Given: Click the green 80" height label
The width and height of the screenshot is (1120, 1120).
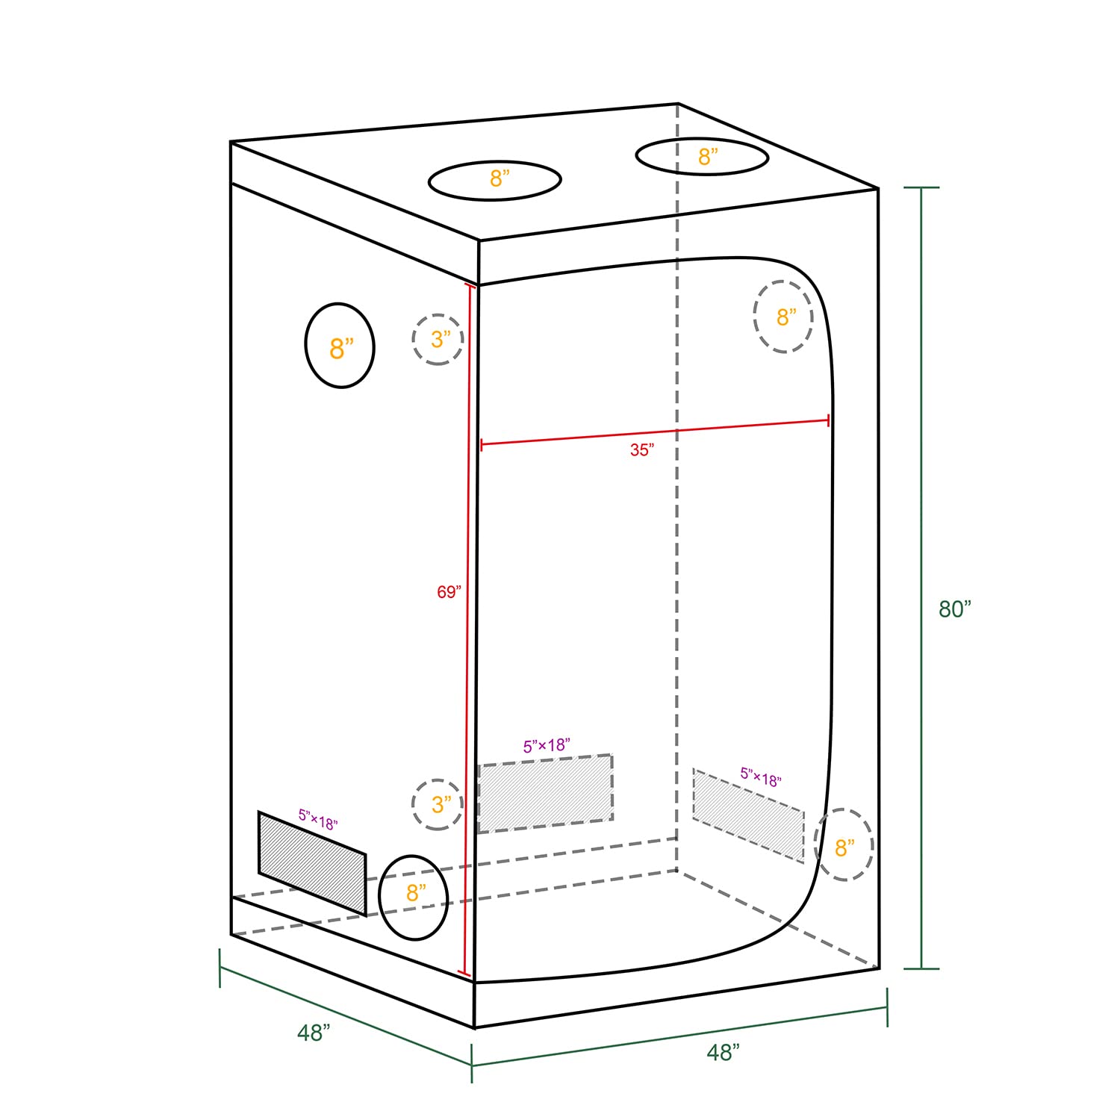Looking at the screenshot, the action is pos(955,609).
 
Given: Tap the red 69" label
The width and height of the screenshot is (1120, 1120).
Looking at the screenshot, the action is pos(449,592).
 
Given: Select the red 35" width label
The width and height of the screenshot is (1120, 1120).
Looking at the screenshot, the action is pos(641,450).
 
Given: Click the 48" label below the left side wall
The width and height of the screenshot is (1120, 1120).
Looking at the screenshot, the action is pos(314,1033).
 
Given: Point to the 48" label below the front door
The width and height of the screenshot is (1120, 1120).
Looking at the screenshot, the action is pos(723,1052).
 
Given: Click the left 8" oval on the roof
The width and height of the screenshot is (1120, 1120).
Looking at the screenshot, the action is pos(495,180).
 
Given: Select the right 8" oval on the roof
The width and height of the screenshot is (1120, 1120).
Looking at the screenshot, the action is pos(703,157).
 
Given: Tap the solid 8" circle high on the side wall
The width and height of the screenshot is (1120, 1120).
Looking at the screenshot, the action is pos(340,346).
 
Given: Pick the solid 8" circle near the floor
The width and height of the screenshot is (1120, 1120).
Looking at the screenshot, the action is pos(414,897).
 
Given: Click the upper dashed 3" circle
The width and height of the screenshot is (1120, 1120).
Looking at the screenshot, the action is pos(438,340).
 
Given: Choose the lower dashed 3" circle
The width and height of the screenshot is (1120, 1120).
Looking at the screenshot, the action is pos(438,804).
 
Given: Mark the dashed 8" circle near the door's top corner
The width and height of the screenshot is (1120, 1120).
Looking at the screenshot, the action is pos(783,317).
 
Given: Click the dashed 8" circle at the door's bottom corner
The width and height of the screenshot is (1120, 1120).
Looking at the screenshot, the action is pos(844,844).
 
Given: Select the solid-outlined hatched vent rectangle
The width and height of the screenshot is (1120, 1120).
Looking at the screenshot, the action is pos(312,863).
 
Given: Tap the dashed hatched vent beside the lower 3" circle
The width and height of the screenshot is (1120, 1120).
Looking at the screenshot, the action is pos(545,794).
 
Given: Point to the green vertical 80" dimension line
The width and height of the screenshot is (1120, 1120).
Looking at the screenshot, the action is pos(921,578).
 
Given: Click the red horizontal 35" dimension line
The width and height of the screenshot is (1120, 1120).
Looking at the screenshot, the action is pos(656,433).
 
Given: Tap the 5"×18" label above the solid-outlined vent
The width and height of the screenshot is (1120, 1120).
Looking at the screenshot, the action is pos(318,820).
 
